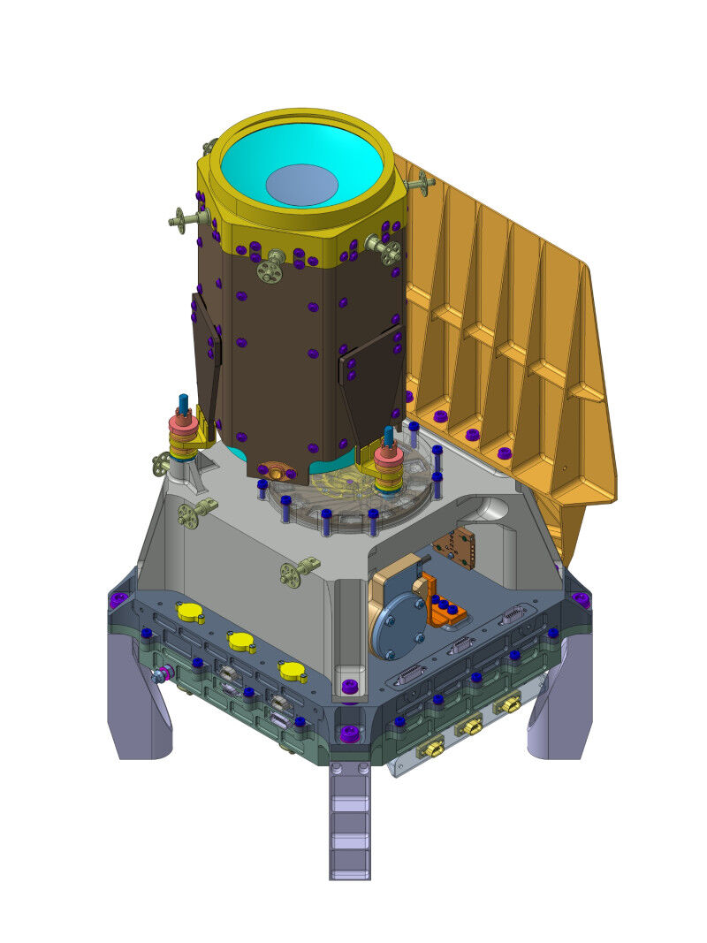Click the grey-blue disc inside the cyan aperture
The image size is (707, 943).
[x=301, y=185]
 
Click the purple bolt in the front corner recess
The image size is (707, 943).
[x=349, y=686]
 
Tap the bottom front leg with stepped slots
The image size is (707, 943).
[x=350, y=822]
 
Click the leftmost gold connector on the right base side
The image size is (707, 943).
[x=431, y=749]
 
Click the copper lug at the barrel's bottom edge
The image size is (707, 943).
[x=271, y=471]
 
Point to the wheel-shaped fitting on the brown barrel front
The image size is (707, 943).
[x=270, y=267]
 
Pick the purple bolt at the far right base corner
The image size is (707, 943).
[x=580, y=599]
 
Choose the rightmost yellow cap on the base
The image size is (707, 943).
[x=293, y=672]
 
